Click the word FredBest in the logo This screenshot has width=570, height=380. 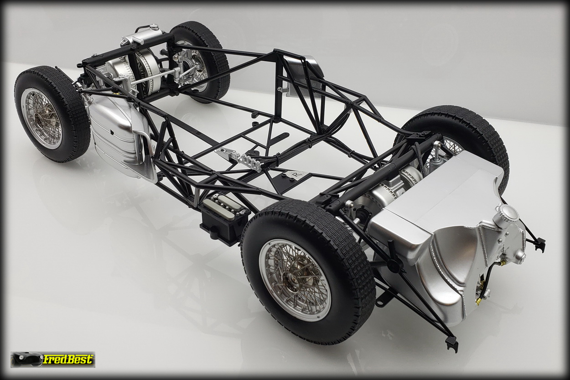67,359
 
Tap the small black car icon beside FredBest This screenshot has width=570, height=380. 26,359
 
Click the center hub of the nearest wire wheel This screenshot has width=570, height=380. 293,278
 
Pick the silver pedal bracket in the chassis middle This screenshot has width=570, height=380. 240,160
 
